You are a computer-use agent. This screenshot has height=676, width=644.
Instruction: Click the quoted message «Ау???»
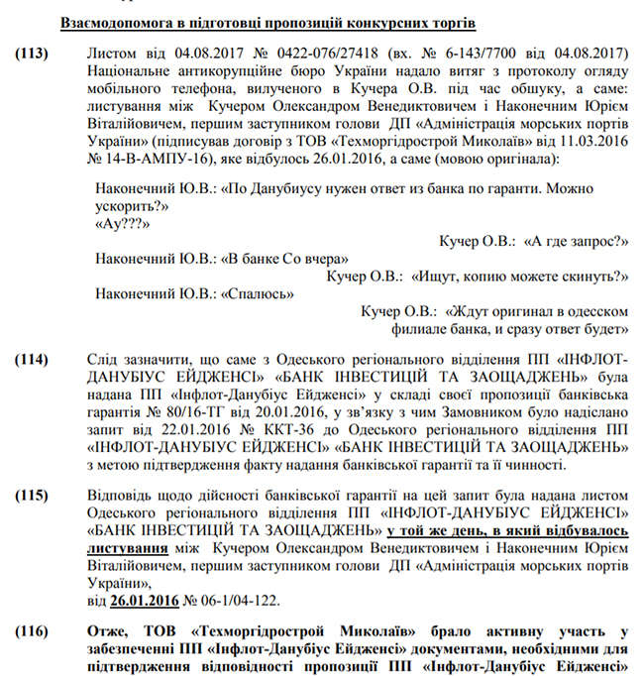[x=117, y=224]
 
